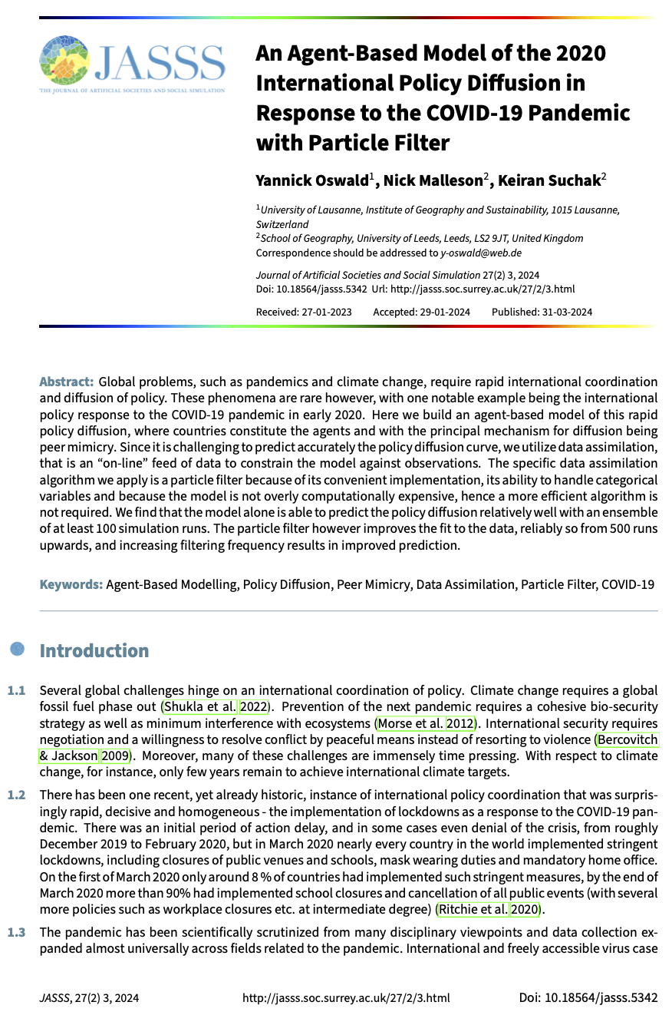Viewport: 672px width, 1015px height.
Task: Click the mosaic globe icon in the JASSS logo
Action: (x=64, y=60)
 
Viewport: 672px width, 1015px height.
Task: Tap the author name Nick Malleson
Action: (x=433, y=180)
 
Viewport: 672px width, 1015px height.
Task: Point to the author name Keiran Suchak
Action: (x=548, y=180)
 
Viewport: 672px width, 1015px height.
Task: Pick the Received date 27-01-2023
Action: (x=325, y=312)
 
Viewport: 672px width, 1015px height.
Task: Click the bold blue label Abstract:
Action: (x=66, y=382)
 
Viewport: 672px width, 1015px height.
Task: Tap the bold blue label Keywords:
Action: (x=71, y=584)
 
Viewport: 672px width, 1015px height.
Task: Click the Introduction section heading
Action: (x=94, y=650)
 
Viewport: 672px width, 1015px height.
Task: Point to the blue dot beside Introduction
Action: (x=18, y=650)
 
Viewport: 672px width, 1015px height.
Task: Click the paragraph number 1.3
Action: (x=16, y=931)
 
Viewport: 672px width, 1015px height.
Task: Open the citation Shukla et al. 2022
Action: (x=215, y=706)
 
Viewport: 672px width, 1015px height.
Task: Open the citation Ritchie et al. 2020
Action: (x=489, y=910)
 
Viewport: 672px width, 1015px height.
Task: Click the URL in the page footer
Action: (x=346, y=998)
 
